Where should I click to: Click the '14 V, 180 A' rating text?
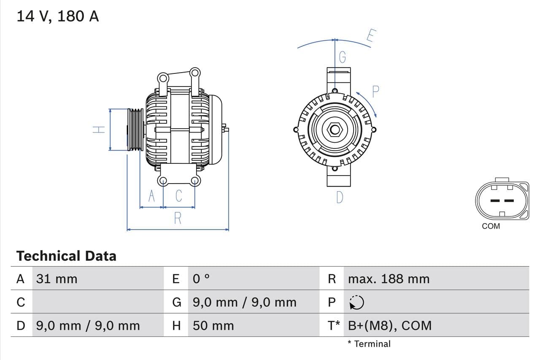58,16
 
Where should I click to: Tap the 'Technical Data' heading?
66,256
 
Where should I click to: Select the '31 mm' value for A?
57,279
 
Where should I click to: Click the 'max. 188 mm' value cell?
389,279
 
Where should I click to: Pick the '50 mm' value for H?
213,325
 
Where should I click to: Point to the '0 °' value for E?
201,279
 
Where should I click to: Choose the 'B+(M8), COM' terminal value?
390,325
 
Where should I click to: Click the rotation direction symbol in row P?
357,302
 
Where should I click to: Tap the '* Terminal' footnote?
369,344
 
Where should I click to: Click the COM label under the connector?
491,226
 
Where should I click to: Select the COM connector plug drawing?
502,200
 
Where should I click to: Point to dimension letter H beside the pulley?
99,130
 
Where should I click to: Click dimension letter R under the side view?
178,218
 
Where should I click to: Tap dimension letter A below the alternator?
151,196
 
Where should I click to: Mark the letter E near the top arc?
371,36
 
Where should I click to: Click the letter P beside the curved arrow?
375,92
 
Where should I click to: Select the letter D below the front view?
340,197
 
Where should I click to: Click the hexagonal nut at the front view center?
335,130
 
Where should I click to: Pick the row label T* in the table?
334,325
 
